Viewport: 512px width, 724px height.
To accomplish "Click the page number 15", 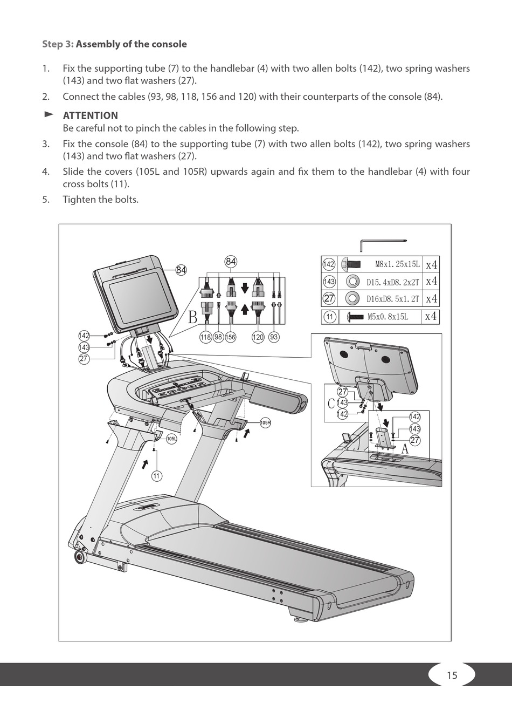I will (452, 675).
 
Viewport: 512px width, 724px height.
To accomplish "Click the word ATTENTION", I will (90, 115).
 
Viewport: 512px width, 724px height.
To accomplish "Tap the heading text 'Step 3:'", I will (58, 44).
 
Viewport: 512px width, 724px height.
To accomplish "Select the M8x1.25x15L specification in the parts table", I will (397, 265).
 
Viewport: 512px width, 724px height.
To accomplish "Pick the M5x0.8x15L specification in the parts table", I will (388, 317).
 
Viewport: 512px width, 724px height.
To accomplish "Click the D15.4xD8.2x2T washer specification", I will (392, 282).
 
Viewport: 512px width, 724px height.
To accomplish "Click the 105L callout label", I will (171, 439).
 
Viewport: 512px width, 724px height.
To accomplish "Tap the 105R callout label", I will (265, 422).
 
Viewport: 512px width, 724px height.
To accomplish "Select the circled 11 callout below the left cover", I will (156, 475).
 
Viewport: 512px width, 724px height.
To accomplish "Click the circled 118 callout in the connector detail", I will (205, 337).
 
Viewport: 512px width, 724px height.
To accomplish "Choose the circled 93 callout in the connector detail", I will (274, 337).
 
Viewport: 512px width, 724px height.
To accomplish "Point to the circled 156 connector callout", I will (231, 337).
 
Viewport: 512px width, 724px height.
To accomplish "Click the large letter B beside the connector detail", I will (192, 318).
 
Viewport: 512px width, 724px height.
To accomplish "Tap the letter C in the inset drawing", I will (331, 403).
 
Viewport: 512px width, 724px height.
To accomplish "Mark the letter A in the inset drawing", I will (405, 448).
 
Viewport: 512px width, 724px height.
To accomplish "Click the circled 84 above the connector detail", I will (231, 262).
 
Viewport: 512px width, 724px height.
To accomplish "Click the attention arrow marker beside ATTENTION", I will (49, 114).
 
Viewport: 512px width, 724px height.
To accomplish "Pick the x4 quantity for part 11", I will (431, 316).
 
